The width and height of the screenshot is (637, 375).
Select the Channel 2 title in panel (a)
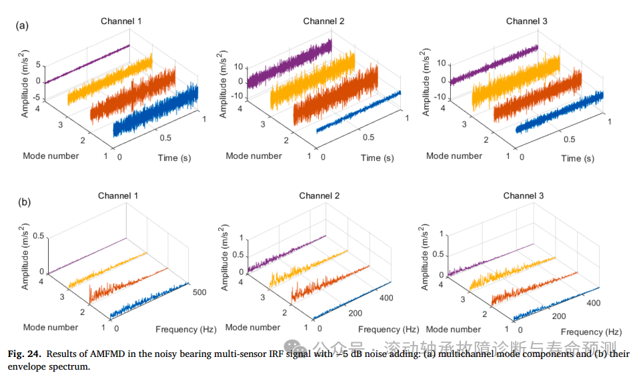324,21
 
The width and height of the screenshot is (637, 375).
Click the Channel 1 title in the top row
121,21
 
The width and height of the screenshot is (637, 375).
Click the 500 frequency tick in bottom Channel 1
198,292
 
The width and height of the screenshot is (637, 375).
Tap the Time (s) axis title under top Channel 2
377,158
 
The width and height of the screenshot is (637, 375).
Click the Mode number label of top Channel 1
51,155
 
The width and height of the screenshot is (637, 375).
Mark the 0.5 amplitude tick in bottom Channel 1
37,236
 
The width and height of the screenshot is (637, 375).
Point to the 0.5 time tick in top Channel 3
569,139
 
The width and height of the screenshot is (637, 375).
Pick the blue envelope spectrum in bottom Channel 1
151,300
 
